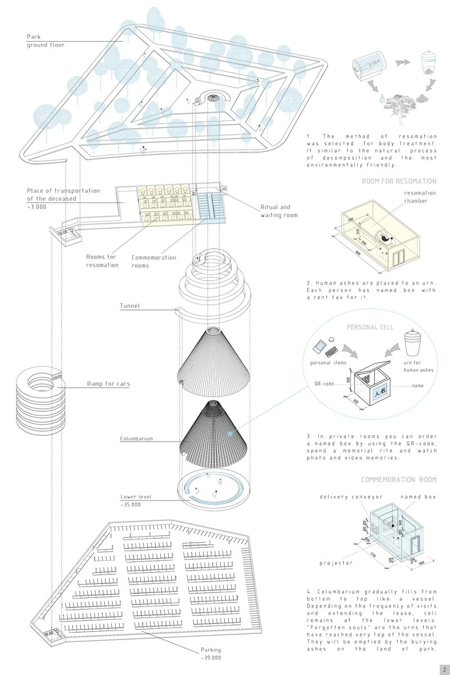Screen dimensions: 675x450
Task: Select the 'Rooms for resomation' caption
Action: tap(102, 260)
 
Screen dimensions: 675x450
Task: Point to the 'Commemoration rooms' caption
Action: tap(154, 262)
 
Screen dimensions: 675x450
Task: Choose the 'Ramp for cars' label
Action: tap(108, 384)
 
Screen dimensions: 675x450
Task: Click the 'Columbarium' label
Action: tap(136, 438)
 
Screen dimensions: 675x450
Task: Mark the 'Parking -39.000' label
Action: tap(211, 654)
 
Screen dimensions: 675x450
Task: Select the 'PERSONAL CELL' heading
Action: tap(370, 327)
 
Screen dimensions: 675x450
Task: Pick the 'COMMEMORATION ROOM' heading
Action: tap(398, 479)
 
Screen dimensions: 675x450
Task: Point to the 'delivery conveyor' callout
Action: tap(343, 497)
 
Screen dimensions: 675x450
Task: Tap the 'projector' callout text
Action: tap(336, 562)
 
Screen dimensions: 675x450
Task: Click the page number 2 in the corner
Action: tap(444, 669)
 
